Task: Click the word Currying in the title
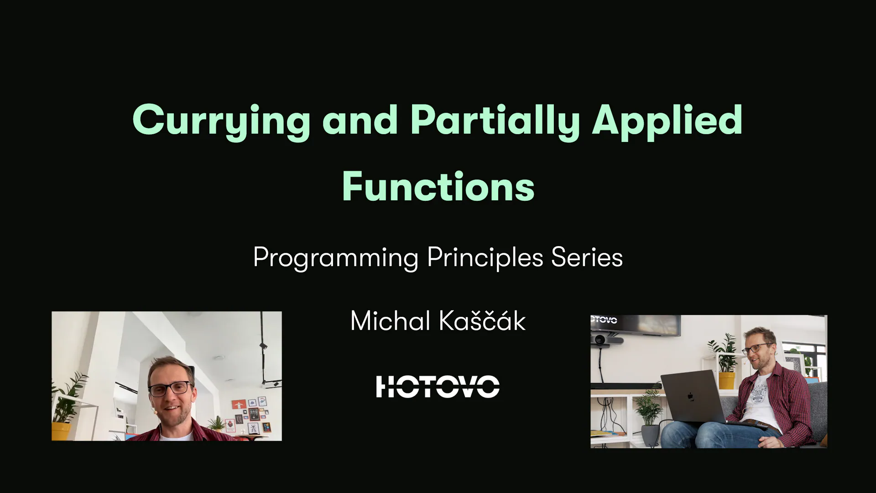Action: coord(221,120)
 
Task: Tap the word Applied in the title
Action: coord(667,120)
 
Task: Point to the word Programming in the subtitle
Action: coord(336,257)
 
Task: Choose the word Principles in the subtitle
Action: coord(485,257)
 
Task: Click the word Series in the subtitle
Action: coord(587,257)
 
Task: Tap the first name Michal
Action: coord(390,321)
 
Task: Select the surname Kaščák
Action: coord(482,321)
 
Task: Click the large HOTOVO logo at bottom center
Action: coord(438,387)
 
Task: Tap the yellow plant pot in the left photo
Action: coord(61,431)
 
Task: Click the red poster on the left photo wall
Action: coord(239,404)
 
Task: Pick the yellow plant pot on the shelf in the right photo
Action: coord(726,380)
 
